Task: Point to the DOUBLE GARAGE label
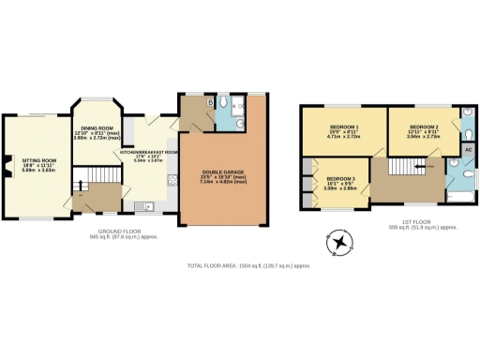(x=222, y=172)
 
